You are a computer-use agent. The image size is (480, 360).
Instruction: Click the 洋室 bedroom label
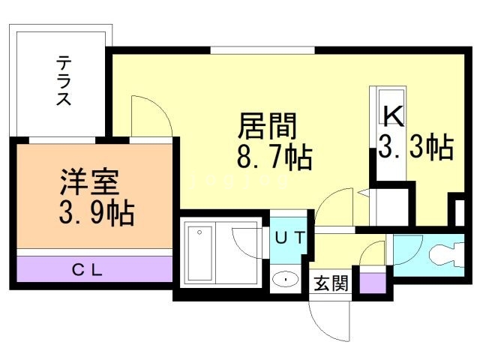88,182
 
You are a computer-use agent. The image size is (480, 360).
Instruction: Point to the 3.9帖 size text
96,214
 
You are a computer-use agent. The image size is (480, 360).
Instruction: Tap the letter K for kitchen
394,115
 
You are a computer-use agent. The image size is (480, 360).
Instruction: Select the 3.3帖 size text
415,148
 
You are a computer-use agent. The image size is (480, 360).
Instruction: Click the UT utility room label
289,239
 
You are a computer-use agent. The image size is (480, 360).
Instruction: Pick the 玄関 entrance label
331,284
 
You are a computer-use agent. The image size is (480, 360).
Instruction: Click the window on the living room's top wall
262,50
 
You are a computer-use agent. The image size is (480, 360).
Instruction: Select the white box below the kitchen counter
391,204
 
